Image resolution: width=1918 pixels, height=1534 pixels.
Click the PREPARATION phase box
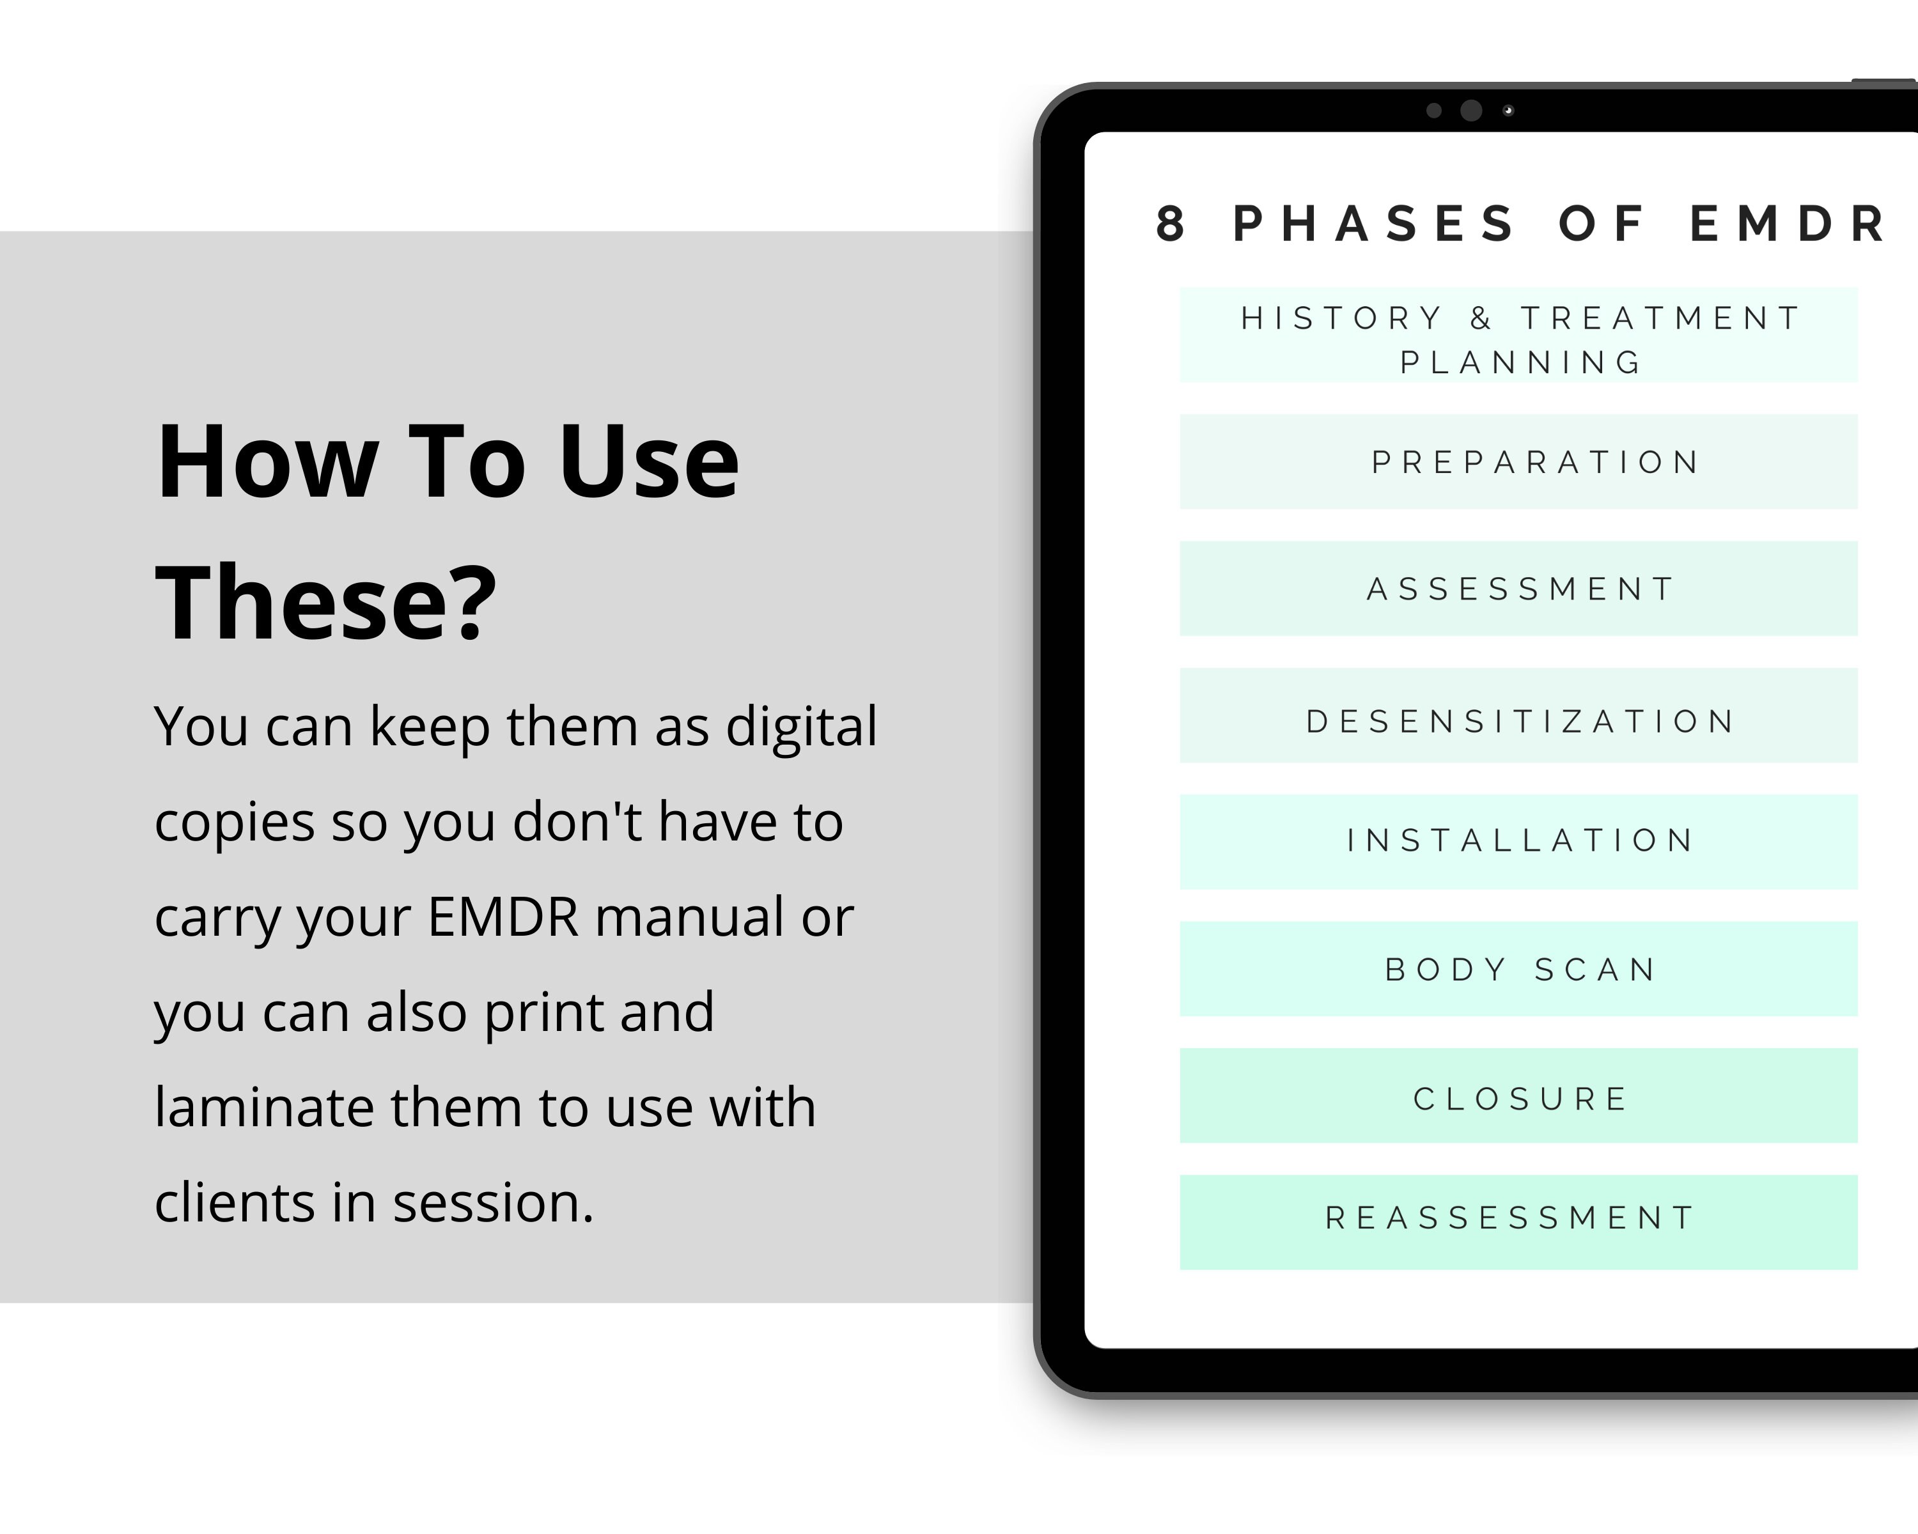1518,461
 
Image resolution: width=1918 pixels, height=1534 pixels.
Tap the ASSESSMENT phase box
1518,588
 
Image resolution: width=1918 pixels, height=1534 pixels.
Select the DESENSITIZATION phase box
1518,716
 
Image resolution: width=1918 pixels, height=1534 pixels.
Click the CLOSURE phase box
1518,1096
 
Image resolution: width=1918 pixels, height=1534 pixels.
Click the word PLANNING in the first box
1520,363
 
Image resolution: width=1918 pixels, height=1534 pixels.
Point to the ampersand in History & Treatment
1481,318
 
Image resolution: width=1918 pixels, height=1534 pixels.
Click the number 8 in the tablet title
1171,224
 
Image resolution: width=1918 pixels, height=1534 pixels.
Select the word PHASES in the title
1375,224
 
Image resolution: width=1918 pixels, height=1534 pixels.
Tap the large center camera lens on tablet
1471,111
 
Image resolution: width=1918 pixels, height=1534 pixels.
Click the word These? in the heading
325,602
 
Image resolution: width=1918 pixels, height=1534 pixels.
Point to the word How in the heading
267,462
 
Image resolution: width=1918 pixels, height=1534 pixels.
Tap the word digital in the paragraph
800,727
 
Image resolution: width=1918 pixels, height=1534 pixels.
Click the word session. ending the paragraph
493,1203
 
